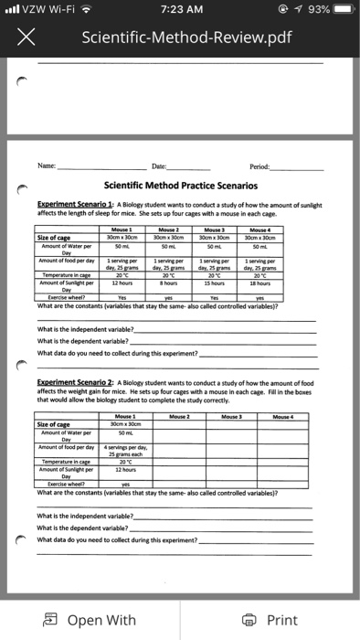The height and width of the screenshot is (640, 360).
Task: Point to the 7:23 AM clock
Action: (x=180, y=10)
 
